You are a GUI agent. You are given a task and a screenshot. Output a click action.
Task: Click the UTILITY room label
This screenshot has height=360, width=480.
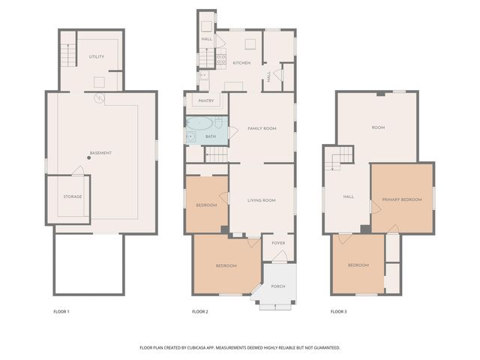click(x=97, y=56)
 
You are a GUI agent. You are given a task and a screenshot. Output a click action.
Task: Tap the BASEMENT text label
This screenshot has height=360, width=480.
click(x=100, y=153)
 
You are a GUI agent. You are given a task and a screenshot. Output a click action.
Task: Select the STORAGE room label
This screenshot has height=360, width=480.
click(x=73, y=196)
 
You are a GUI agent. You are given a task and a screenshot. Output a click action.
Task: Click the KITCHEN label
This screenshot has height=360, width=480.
click(x=241, y=62)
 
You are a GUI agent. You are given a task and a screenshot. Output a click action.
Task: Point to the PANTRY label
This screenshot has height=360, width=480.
click(x=206, y=100)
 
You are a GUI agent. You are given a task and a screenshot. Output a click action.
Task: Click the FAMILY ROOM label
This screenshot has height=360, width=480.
click(x=262, y=128)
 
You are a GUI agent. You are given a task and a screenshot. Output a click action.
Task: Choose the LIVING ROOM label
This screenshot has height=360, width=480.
click(x=262, y=200)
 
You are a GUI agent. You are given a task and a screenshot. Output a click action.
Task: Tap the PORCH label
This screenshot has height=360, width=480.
click(x=277, y=286)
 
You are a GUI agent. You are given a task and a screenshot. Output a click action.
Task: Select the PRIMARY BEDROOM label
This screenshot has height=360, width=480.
click(x=401, y=199)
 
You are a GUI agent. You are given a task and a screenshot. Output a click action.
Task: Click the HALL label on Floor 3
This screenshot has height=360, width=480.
click(x=348, y=196)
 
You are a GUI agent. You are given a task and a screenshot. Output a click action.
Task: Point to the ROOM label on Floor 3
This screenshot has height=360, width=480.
click(x=378, y=127)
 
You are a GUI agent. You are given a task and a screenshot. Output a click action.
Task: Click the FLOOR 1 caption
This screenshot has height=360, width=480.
click(x=61, y=311)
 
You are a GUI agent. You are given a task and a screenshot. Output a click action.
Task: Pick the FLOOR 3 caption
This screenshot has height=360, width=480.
click(x=339, y=311)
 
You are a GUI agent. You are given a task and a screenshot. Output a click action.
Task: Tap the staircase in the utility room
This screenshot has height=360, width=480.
click(x=69, y=54)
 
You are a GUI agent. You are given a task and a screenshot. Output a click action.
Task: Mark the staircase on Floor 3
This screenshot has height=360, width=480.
click(x=341, y=155)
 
